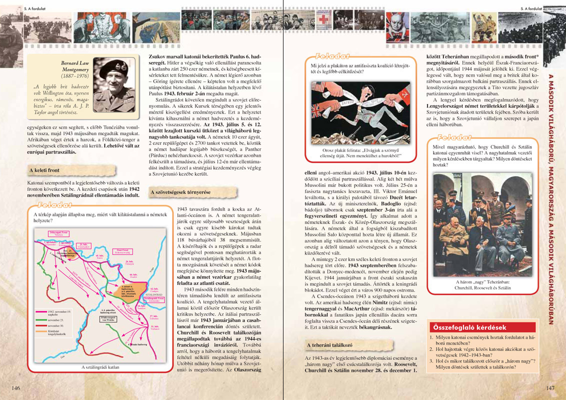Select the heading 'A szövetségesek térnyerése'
click(180, 192)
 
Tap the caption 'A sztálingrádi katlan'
click(100, 367)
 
